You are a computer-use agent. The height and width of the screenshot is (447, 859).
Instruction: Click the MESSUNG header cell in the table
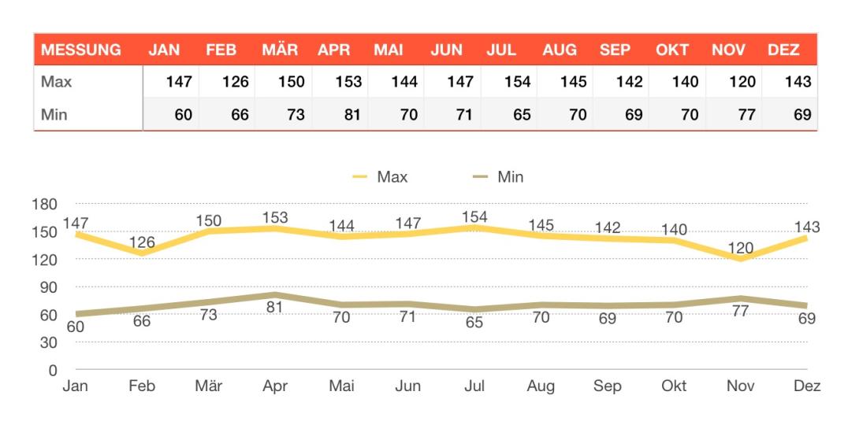(x=81, y=50)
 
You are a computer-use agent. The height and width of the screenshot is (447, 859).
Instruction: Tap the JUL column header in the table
(x=501, y=50)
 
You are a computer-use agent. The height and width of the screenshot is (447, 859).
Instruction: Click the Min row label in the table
(x=54, y=115)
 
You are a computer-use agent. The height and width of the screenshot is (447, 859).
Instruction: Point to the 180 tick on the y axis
(x=45, y=205)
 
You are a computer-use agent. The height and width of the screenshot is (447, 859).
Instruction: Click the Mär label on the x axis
(x=208, y=386)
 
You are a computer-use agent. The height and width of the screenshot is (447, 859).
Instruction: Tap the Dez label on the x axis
(x=807, y=386)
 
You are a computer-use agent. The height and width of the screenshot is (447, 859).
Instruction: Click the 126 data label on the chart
(x=143, y=242)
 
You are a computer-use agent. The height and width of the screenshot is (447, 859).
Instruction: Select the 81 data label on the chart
(x=274, y=308)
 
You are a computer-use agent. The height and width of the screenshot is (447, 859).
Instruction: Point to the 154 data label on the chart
(x=474, y=216)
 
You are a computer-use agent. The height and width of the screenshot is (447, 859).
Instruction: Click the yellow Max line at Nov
(x=740, y=259)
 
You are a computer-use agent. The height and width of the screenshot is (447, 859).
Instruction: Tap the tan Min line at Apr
(x=274, y=295)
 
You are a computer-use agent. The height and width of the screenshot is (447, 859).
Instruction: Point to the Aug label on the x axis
(x=541, y=386)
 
